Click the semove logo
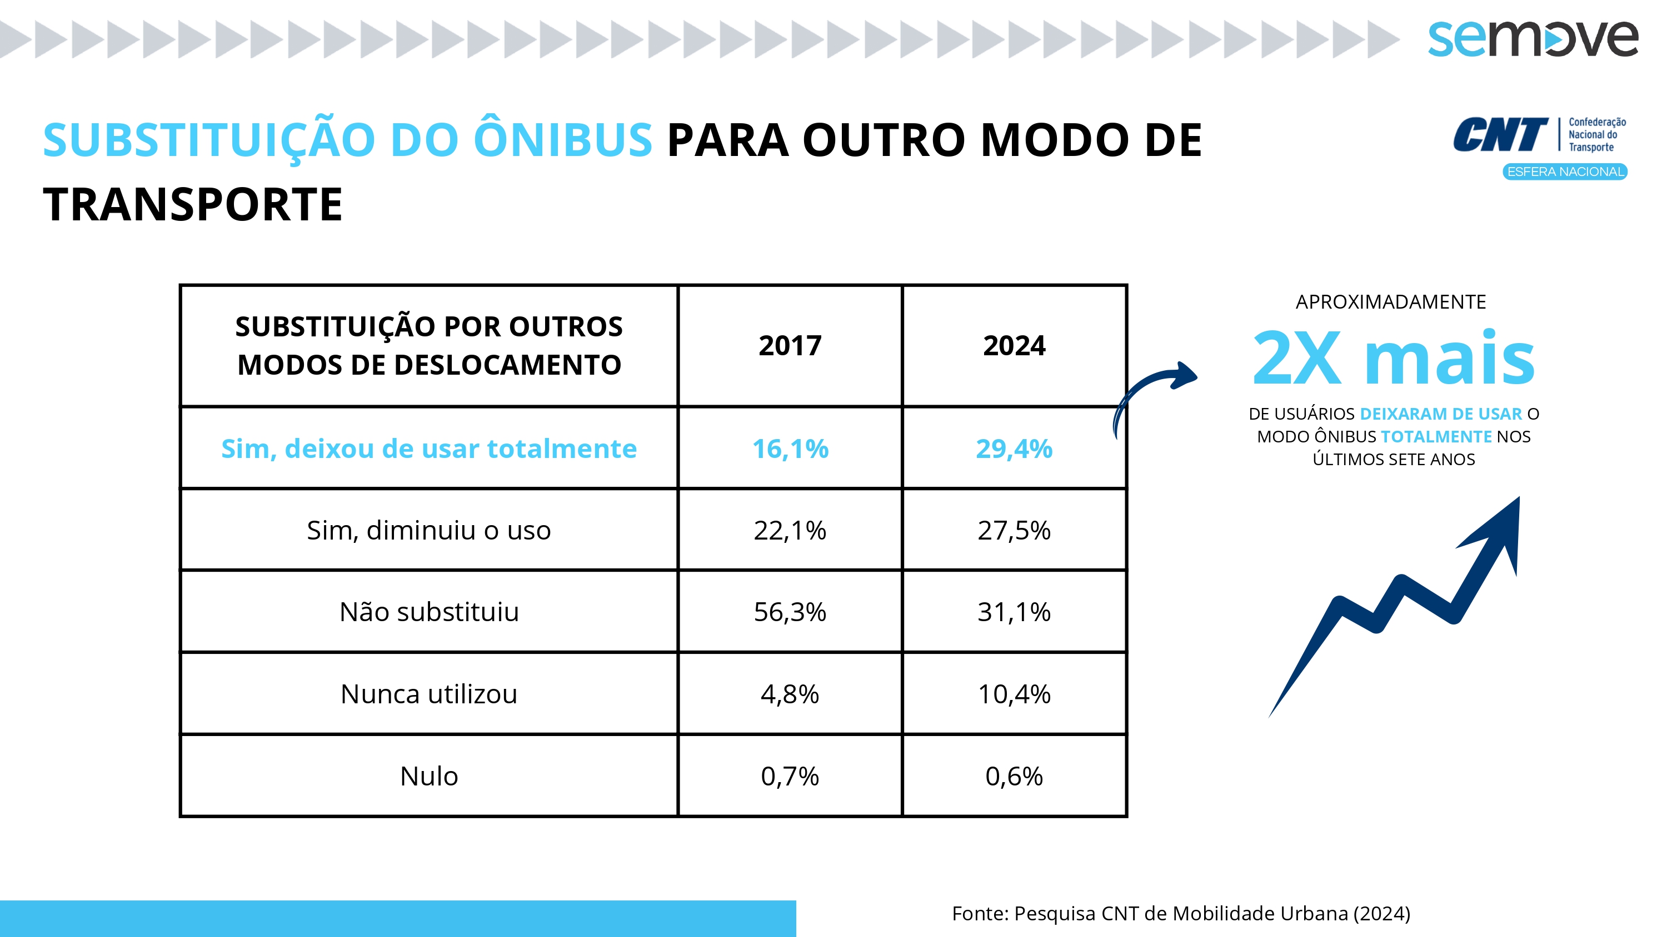tap(1533, 38)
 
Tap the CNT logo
tap(1538, 134)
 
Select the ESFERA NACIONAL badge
tap(1564, 172)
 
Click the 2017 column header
tap(790, 346)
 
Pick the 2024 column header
tap(1014, 346)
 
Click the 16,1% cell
tap(790, 449)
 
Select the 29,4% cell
tap(1014, 449)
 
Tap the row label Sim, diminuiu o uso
tap(428, 530)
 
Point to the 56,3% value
tap(790, 612)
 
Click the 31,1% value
tap(1014, 612)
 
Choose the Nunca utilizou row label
tap(428, 694)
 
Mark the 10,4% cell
tap(1014, 694)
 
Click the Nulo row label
tap(428, 776)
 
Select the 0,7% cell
tap(790, 776)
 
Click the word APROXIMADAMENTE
tap(1391, 302)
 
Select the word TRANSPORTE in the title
tap(192, 204)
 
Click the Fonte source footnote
tap(1180, 913)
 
